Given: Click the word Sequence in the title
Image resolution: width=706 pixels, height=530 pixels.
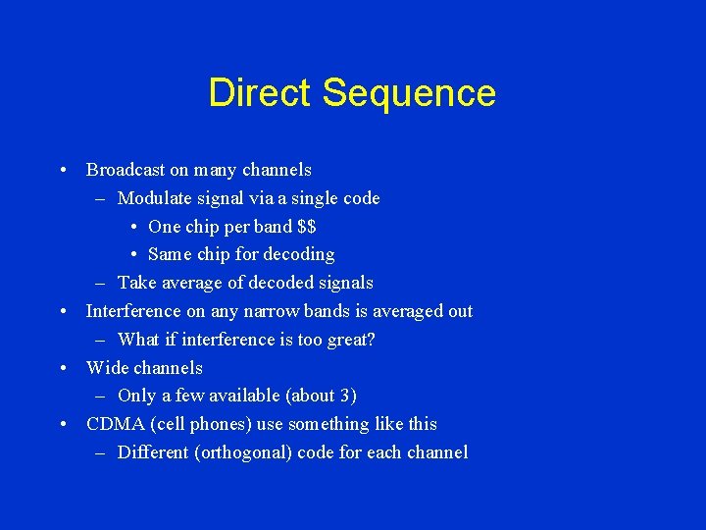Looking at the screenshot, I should point(409,94).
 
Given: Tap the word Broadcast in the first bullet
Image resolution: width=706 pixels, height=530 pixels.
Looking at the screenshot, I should point(125,170).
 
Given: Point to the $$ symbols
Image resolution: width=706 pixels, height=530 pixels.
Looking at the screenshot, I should point(306,227).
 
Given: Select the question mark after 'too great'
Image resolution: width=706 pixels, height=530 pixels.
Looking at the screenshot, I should point(371,340).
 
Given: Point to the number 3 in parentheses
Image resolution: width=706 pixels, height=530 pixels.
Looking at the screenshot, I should point(346,396).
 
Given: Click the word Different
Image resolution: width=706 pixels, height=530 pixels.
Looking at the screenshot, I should point(154,452).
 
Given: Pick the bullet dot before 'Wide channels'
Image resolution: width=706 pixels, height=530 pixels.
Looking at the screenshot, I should point(63,368).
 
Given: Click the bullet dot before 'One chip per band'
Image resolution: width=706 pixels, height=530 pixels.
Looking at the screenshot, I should point(133,227).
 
